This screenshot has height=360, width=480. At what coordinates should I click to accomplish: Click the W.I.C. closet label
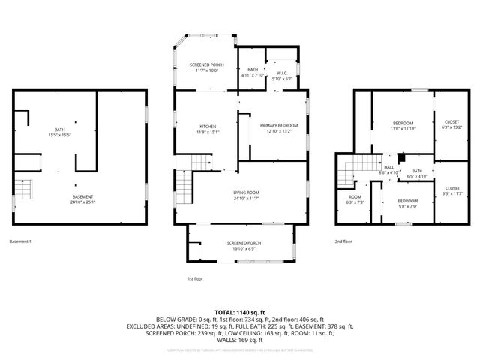tap(281, 73)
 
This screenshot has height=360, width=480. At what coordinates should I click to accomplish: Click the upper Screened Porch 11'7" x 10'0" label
tap(206, 68)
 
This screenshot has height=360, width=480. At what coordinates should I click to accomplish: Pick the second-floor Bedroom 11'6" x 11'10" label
tap(403, 125)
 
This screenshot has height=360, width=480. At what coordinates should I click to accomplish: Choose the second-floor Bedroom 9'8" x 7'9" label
tap(408, 204)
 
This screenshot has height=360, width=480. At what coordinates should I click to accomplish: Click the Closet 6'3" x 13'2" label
tap(452, 124)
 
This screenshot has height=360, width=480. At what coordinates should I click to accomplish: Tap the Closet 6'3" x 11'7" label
tap(452, 190)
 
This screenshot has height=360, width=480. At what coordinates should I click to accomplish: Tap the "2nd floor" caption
tap(343, 241)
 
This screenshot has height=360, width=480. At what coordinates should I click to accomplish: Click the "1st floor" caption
tap(195, 278)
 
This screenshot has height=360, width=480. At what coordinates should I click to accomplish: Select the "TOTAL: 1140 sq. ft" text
tap(239, 311)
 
